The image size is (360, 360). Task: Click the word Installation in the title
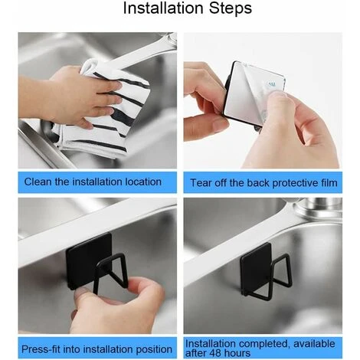pos(164,8)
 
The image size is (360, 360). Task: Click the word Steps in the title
pos(231,8)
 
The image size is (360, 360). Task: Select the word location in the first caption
pos(143,182)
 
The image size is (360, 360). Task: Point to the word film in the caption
pos(329,183)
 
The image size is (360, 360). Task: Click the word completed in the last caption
pos(264,344)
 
